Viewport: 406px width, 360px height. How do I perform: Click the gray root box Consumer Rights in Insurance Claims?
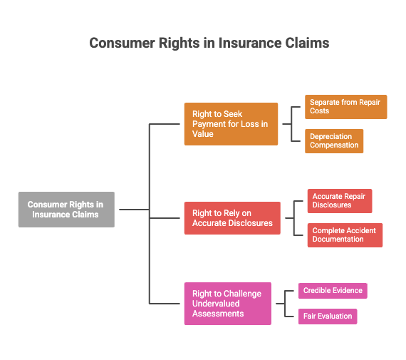[x=66, y=210]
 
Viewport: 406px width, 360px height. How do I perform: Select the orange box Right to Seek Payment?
[x=231, y=124]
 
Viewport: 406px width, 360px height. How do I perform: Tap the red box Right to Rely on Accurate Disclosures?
[x=232, y=218]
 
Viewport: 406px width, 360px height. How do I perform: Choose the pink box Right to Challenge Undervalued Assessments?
[x=228, y=304]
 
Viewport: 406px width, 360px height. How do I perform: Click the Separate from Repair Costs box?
[x=346, y=107]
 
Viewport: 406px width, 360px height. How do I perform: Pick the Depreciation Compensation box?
[x=334, y=141]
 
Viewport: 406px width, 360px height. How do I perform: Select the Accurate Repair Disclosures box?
[x=340, y=201]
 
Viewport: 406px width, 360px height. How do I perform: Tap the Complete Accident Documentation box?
[x=345, y=235]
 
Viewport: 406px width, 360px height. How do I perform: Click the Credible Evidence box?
[x=333, y=291]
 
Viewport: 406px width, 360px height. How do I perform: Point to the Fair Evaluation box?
[x=328, y=317]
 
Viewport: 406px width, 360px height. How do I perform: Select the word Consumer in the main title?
[x=122, y=43]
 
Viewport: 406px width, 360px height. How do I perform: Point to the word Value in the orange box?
[x=203, y=134]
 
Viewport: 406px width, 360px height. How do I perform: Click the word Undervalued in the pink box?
[x=216, y=304]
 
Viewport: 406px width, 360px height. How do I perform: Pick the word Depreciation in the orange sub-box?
[x=331, y=136]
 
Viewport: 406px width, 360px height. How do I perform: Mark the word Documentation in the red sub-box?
[x=338, y=239]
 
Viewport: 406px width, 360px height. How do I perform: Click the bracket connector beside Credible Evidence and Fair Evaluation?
[x=285, y=304]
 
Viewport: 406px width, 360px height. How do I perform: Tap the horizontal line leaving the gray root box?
[x=134, y=209]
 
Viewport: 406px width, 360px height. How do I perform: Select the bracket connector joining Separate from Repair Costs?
[x=291, y=124]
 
